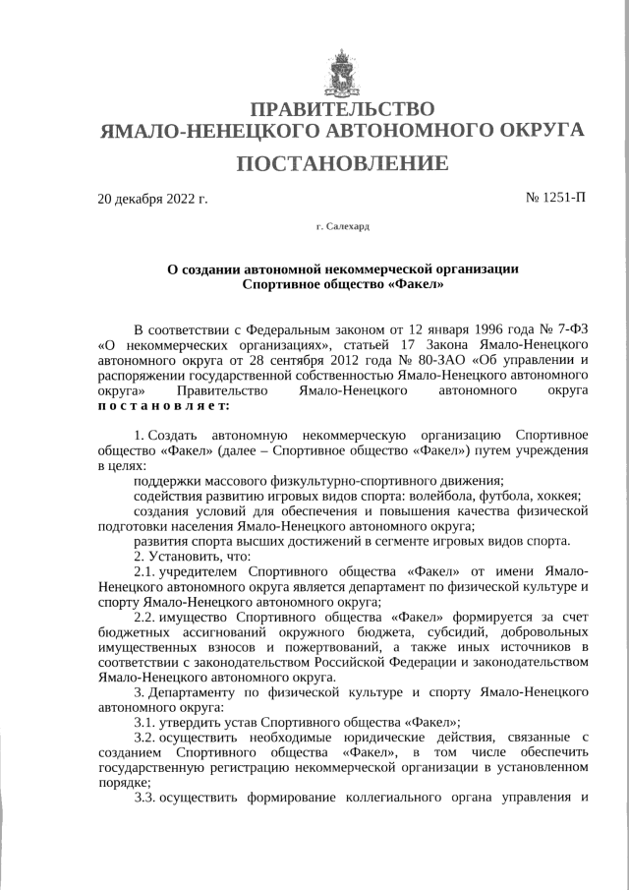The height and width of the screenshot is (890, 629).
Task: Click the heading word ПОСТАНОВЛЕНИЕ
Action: coord(341,162)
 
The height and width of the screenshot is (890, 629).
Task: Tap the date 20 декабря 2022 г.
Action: coord(152,199)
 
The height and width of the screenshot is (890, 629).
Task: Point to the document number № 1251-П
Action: coord(555,198)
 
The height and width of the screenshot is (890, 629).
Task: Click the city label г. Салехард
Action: coord(342,226)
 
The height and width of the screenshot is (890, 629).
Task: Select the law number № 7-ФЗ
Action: coord(557,328)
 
